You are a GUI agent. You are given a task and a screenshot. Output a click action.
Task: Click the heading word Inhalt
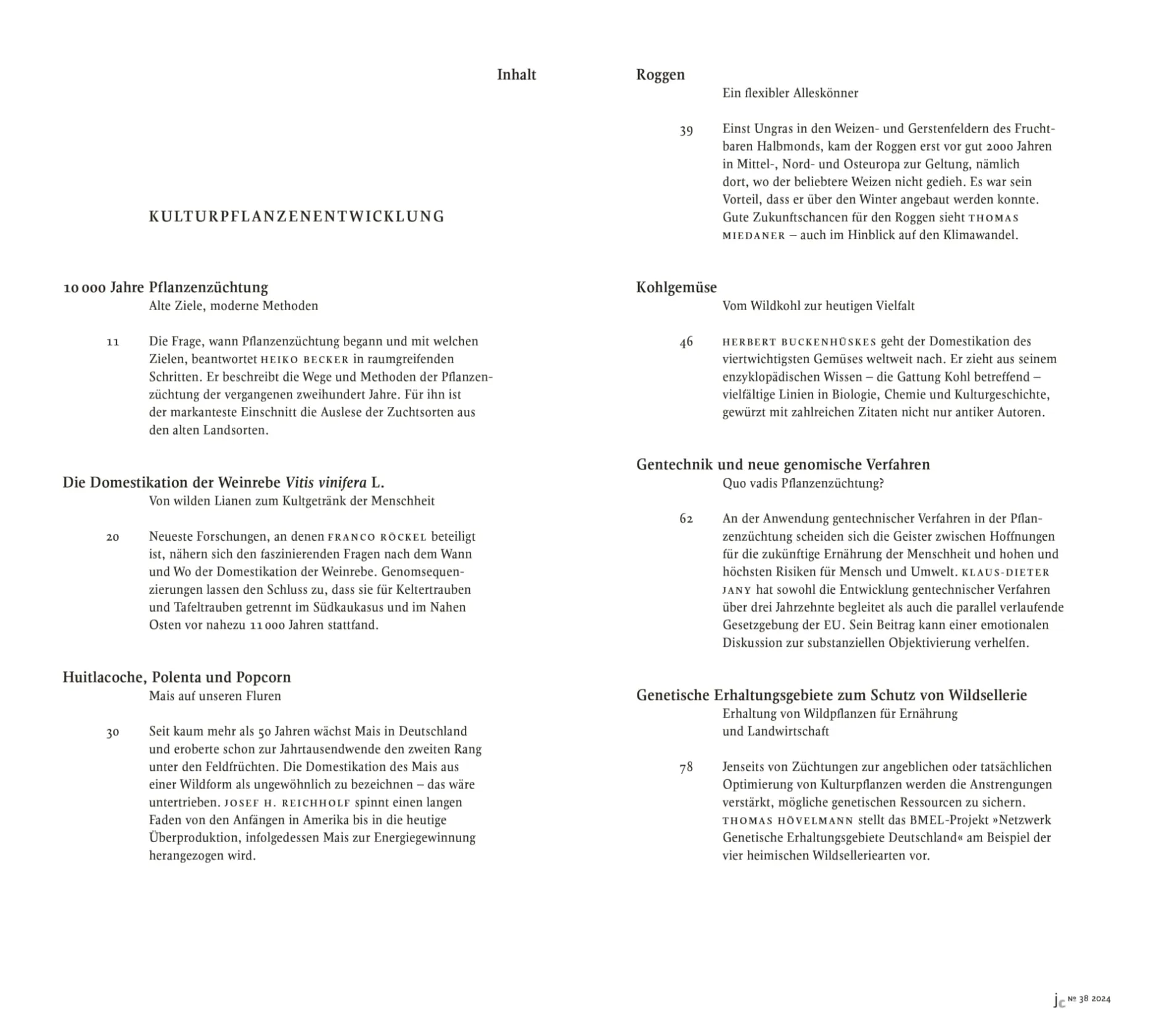(516, 75)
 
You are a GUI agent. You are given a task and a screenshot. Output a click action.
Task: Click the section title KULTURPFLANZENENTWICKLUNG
(297, 216)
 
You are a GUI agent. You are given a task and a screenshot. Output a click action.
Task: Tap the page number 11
(113, 342)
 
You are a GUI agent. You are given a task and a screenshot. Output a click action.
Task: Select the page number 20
(113, 537)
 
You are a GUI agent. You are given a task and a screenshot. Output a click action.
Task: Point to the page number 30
(113, 732)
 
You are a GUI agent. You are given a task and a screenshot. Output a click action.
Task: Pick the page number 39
(686, 130)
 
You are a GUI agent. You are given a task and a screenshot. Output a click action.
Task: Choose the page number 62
(686, 519)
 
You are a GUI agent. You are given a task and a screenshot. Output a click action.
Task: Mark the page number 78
(686, 768)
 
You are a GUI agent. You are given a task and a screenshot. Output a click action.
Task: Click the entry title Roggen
(660, 75)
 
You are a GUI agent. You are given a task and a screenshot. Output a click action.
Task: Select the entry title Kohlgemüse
(676, 287)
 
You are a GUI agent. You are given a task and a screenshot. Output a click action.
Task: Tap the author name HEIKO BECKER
(305, 359)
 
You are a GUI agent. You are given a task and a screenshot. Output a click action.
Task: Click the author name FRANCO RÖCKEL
(377, 537)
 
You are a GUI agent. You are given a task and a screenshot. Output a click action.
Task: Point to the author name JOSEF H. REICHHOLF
(287, 803)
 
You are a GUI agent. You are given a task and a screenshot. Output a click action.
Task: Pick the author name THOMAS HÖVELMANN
(788, 821)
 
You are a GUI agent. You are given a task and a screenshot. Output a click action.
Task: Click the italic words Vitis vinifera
(326, 482)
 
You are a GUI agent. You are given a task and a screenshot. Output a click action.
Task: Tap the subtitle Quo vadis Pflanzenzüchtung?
(803, 483)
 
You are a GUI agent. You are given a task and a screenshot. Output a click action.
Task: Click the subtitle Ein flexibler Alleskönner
(790, 93)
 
